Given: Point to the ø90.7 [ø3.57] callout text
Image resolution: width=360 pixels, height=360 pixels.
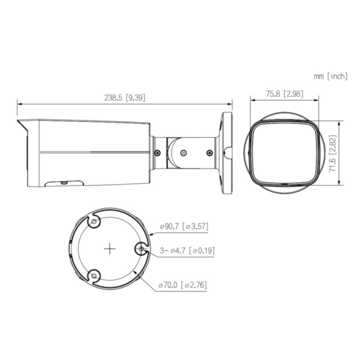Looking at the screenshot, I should [183, 227].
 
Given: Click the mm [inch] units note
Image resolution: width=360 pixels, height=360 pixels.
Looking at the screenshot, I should [330, 76].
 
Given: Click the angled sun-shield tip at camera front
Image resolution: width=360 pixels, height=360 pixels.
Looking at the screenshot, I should [22, 126].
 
